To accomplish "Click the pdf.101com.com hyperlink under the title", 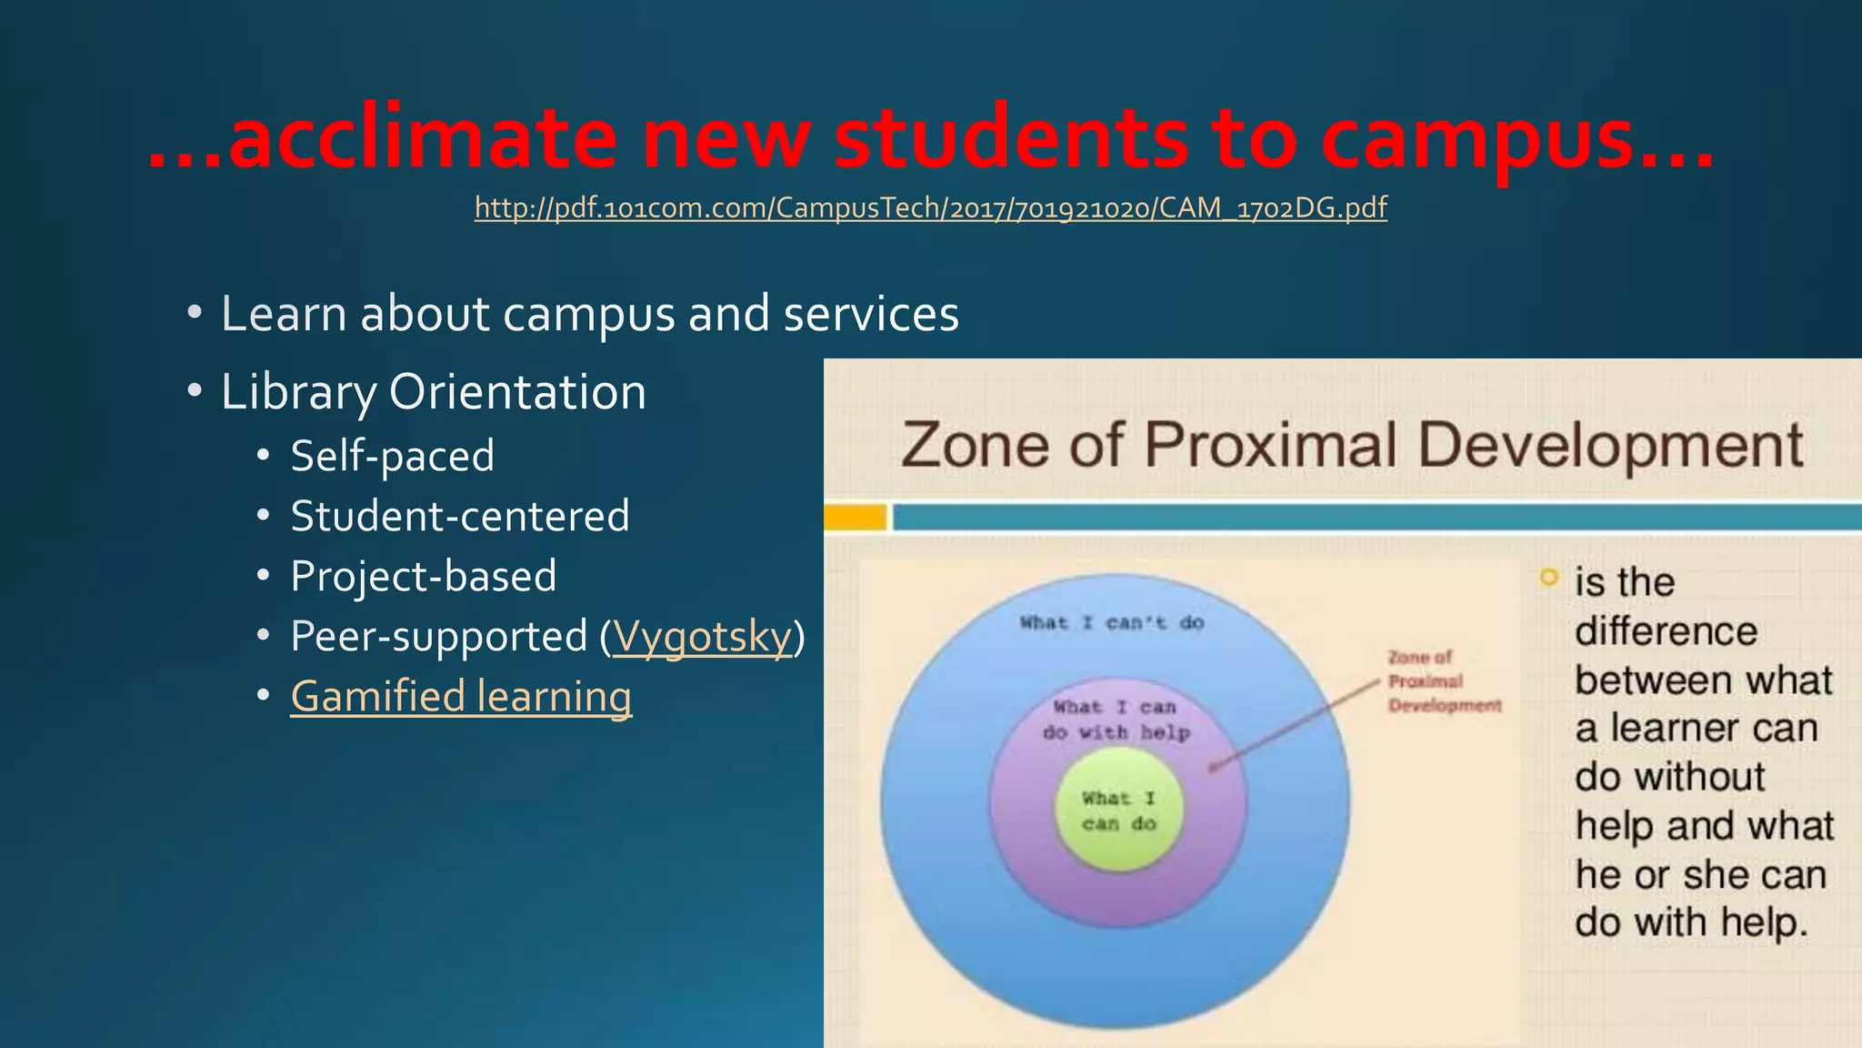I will tap(930, 208).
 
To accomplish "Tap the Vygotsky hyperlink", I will tap(703, 636).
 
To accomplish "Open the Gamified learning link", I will tap(461, 697).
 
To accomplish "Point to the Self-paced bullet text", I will tap(392, 456).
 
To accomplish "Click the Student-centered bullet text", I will tap(459, 516).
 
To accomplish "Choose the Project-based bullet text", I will tap(423, 576).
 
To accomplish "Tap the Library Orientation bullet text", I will tap(433, 392).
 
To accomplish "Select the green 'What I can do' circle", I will tap(1118, 811).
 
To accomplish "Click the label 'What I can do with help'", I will tap(1116, 720).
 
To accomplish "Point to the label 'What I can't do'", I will tap(1111, 623).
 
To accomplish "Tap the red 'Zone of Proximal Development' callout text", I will tap(1443, 681).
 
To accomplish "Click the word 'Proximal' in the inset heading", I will tap(1269, 446).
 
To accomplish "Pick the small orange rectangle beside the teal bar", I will tap(855, 518).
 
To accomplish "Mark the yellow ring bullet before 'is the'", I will tap(1548, 578).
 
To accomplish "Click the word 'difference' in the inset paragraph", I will tap(1666, 631).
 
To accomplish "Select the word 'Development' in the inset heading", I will tap(1609, 446).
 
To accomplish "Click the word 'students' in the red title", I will tap(1010, 139).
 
